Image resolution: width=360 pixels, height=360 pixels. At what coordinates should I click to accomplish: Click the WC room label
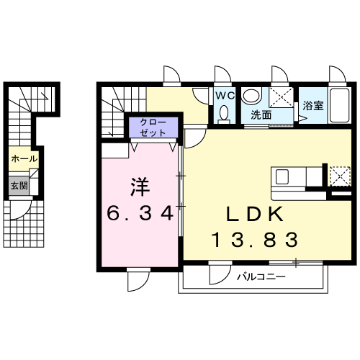click(x=225, y=96)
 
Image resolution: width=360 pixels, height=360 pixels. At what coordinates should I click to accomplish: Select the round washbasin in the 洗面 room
click(x=251, y=96)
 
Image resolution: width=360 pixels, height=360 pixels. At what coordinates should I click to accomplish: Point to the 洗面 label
click(x=261, y=115)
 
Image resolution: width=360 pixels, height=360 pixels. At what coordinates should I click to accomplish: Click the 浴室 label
click(x=313, y=106)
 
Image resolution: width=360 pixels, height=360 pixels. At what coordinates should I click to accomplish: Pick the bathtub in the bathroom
click(x=340, y=106)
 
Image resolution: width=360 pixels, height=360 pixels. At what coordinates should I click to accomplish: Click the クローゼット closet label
click(x=153, y=127)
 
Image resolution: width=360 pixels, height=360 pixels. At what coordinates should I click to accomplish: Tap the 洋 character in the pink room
click(x=140, y=187)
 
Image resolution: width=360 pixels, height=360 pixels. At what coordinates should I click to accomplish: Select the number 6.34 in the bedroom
click(x=140, y=213)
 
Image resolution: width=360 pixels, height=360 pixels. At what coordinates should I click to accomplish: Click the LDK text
click(x=255, y=214)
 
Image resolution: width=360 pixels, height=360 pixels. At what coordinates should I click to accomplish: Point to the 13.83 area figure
click(x=255, y=240)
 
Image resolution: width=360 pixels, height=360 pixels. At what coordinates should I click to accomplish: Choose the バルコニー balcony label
click(x=261, y=277)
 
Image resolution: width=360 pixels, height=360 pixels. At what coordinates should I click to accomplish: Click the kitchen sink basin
click(x=282, y=177)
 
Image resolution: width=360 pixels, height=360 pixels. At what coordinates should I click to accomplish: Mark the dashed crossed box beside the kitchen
click(x=340, y=176)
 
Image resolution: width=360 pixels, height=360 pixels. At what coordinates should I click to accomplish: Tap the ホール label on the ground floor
click(x=24, y=158)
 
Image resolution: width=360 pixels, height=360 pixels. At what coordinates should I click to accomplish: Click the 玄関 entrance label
click(x=19, y=186)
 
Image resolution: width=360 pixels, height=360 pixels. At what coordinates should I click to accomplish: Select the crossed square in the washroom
click(x=281, y=97)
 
